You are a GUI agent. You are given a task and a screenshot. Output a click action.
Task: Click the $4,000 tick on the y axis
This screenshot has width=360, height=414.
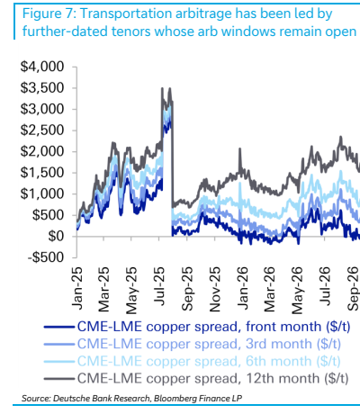click(42, 67)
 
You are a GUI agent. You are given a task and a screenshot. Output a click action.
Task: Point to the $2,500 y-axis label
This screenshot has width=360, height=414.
click(42, 130)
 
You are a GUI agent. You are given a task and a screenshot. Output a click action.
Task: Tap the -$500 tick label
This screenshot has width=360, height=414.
click(46, 257)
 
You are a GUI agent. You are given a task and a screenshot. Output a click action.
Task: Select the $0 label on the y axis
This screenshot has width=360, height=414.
click(56, 237)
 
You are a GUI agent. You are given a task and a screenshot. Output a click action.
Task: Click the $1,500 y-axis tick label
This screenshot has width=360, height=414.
click(42, 173)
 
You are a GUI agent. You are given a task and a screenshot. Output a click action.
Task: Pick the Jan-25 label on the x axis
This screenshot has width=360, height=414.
click(77, 284)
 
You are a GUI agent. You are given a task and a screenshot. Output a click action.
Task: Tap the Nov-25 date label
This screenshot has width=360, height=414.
click(214, 289)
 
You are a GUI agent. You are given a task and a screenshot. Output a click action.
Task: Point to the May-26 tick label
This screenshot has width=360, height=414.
click(297, 291)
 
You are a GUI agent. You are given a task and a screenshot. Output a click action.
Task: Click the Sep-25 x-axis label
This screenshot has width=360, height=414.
click(187, 289)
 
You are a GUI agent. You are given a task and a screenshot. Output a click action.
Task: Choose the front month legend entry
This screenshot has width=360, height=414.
click(197, 327)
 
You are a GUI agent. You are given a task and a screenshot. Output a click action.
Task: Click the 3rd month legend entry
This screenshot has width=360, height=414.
click(193, 344)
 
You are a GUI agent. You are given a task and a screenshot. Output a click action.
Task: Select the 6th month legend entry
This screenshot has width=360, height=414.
click(193, 361)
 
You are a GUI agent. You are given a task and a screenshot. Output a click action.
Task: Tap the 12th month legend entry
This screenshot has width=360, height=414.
click(196, 379)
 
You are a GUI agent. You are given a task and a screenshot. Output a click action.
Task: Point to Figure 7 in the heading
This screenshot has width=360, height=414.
click(49, 13)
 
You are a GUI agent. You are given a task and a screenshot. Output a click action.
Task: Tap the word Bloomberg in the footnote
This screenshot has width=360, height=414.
click(173, 399)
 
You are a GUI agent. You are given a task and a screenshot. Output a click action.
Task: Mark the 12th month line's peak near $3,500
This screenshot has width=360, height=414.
click(162, 88)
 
